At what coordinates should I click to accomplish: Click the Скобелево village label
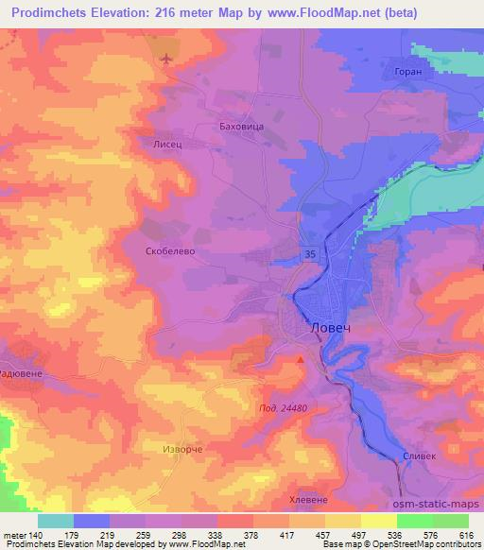[x=171, y=252]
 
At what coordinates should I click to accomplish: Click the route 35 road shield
[x=310, y=253]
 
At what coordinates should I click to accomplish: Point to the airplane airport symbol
[x=167, y=60]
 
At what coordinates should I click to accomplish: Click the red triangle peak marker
[x=302, y=359]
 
